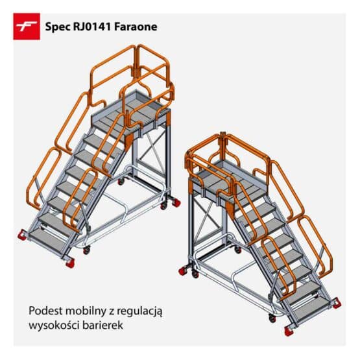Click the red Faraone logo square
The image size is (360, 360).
(27, 27)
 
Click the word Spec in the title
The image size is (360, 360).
(56, 27)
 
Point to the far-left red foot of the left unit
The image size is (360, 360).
(21, 234)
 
